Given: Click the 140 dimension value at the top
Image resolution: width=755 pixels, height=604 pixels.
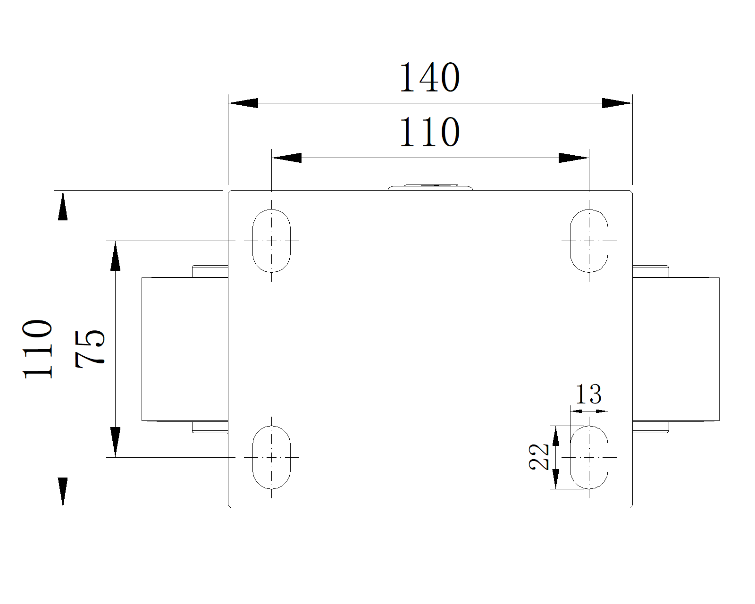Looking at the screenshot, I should pos(429,78).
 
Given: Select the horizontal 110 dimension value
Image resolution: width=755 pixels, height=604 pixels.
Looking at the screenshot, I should pos(429,133).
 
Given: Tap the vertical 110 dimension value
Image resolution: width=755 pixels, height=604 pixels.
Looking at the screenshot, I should pos(38,349).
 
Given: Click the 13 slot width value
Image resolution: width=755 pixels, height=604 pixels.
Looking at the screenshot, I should pos(588,394).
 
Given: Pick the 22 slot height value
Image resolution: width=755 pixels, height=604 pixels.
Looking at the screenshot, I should pos(539,457).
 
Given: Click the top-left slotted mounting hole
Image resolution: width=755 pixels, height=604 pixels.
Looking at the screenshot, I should pos(271,241).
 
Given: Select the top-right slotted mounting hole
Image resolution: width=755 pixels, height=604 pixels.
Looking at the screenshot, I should pos(589,241).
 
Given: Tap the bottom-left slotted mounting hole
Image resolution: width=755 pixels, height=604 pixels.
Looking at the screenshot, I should pos(271,457).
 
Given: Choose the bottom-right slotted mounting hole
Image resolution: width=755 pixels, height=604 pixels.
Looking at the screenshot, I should pos(589,457).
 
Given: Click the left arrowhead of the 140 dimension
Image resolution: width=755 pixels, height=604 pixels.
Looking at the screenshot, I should pos(243,103).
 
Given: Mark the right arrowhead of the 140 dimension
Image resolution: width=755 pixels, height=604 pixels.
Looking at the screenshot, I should pos(617,103).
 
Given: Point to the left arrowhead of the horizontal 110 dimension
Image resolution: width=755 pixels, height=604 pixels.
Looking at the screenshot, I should pos(287,158).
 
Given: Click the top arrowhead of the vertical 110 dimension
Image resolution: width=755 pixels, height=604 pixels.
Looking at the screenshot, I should pos(63,206).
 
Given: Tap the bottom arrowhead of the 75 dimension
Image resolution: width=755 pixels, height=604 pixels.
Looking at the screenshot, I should pos(115,442).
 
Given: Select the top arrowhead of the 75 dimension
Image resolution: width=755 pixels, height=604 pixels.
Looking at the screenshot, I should pos(115,256).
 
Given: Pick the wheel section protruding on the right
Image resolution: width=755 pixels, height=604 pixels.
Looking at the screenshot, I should pos(676,349).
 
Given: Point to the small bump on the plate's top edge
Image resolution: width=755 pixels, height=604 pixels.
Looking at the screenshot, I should pos(430,187).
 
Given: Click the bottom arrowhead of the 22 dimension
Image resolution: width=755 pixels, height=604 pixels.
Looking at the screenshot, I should pos(556,479).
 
